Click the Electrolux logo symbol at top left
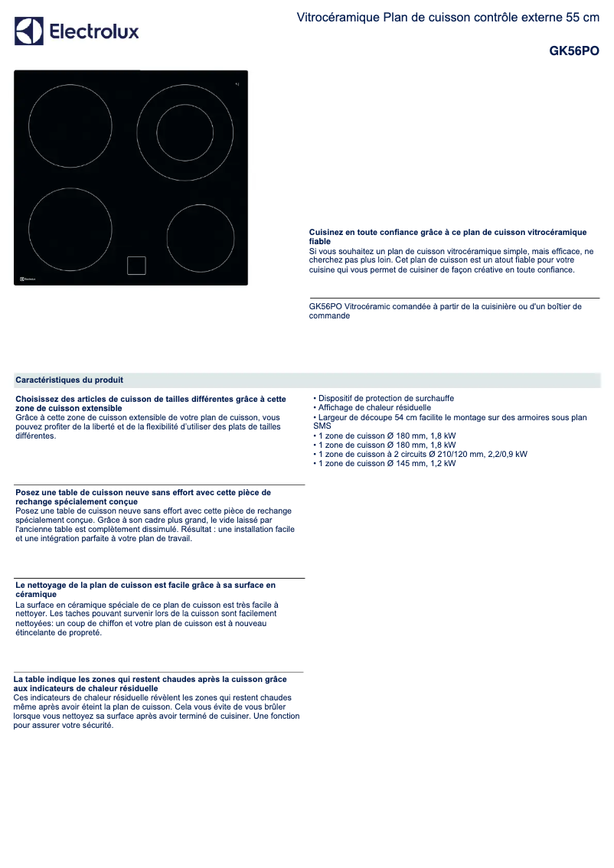29,31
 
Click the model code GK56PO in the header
574,52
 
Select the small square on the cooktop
136,264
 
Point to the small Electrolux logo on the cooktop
28,279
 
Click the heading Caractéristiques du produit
70,380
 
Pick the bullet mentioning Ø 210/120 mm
422,454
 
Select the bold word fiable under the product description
320,241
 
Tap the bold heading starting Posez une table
143,493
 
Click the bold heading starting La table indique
150,679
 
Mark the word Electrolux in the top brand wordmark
94,31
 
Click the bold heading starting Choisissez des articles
151,399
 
